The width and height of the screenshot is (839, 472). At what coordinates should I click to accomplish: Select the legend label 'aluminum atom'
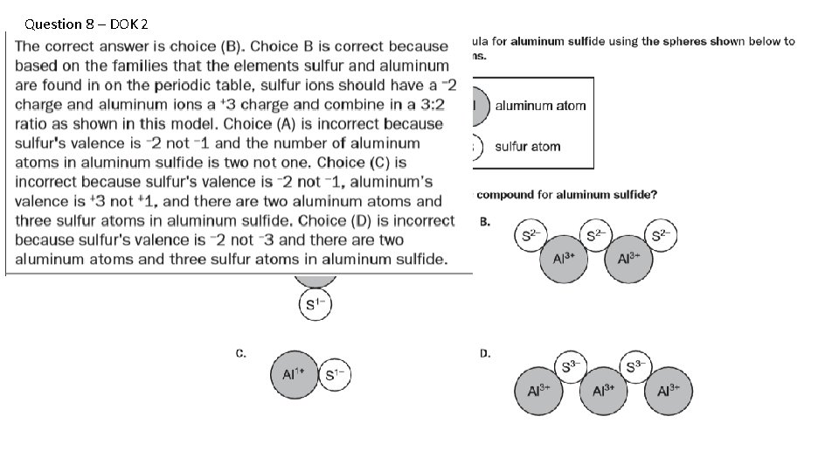[x=540, y=106]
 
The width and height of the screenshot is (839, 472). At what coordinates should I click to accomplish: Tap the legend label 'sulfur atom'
[x=528, y=146]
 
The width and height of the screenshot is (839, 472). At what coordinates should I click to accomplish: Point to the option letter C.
[x=240, y=353]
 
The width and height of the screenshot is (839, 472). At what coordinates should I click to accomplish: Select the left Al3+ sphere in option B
[x=565, y=259]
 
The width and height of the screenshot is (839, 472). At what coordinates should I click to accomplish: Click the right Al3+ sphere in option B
[x=629, y=259]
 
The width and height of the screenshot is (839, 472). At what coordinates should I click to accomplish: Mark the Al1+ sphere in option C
[x=293, y=375]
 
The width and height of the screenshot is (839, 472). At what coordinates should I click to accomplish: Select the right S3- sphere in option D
[x=638, y=367]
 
